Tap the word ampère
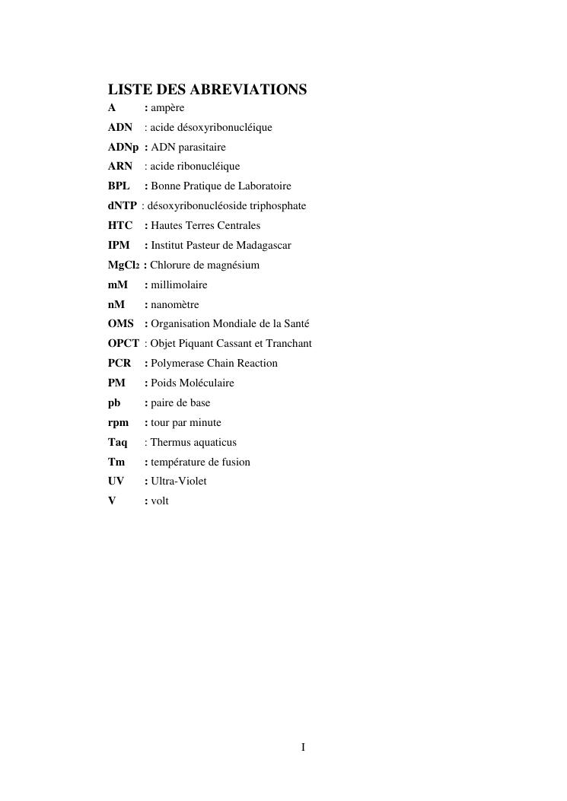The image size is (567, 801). click(167, 108)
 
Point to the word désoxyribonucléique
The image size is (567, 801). click(224, 127)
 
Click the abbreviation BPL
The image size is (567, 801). click(119, 186)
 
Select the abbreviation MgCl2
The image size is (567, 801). click(124, 265)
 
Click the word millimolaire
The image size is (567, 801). click(179, 285)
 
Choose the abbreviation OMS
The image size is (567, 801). click(121, 325)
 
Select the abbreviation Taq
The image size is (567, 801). click(118, 443)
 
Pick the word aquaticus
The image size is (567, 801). click(216, 443)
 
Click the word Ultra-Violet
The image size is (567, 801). click(179, 482)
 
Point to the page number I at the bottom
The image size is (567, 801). click(303, 748)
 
